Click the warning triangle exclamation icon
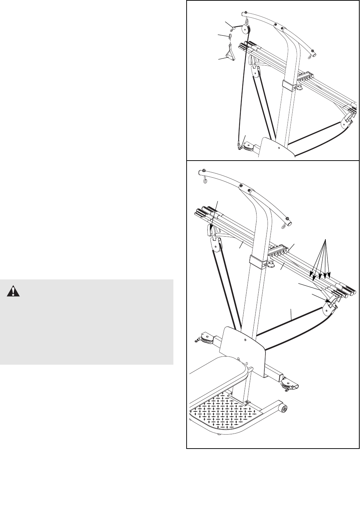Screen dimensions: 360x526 (x=14, y=292)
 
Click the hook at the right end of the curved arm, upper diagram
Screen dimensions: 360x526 (x=311, y=55)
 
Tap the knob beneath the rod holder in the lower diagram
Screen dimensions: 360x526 (x=272, y=265)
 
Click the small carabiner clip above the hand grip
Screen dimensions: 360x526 (x=230, y=36)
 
